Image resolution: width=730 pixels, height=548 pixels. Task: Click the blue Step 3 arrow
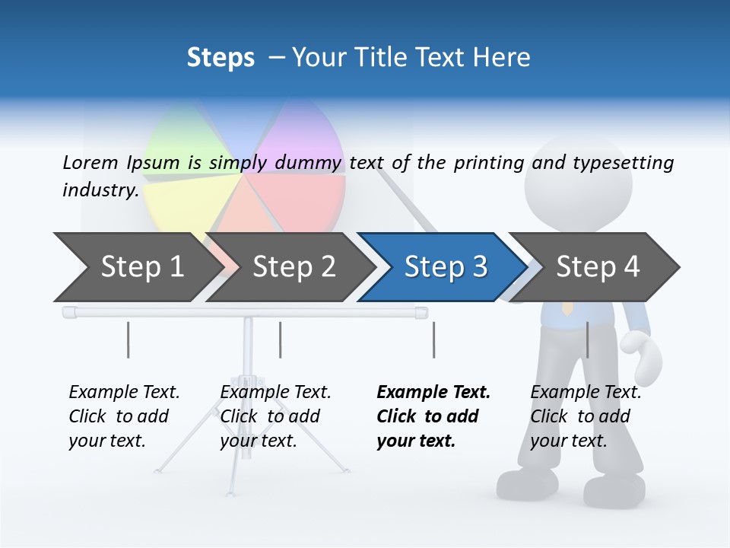[x=445, y=267]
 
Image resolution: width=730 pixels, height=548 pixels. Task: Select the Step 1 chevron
[x=142, y=267]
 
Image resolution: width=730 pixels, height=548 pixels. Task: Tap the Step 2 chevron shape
[x=294, y=267]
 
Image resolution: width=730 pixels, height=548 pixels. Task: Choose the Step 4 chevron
[x=598, y=267]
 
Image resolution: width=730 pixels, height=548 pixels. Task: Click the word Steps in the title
[x=221, y=58]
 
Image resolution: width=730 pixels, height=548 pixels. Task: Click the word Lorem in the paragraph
[x=90, y=162]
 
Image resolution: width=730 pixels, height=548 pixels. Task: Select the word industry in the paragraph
[x=100, y=190]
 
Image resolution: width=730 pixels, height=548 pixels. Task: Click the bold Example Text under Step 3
[x=433, y=393]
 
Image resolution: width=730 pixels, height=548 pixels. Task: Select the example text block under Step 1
[x=123, y=416]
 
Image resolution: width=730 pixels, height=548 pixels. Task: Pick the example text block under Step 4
[x=585, y=416]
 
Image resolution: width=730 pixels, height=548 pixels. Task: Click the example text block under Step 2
[x=275, y=416]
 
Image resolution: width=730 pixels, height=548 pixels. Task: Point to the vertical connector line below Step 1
[x=128, y=339]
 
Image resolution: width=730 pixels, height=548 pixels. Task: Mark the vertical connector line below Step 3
[x=433, y=339]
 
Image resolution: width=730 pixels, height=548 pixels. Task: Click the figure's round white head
[x=578, y=179]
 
